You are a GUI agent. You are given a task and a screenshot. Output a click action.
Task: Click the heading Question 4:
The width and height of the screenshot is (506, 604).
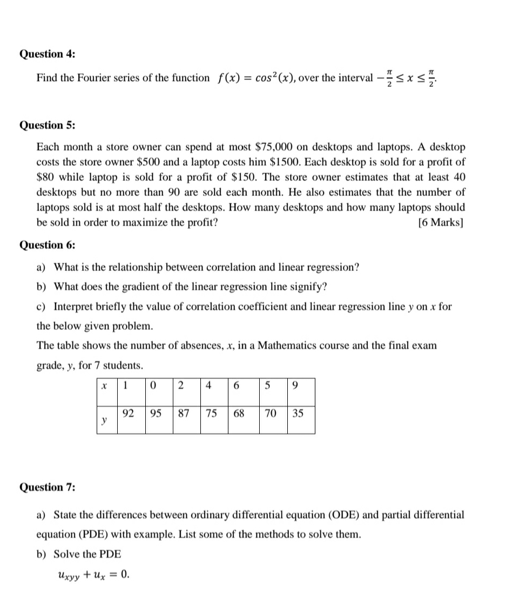coord(48,54)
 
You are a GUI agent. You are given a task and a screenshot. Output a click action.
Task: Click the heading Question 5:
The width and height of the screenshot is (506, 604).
coord(48,125)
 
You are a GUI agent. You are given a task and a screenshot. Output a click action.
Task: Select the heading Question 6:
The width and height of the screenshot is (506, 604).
coord(48,245)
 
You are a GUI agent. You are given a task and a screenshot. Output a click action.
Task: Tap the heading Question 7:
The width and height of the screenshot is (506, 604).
coord(48,487)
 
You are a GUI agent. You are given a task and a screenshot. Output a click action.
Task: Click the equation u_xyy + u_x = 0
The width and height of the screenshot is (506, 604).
coord(92,574)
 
